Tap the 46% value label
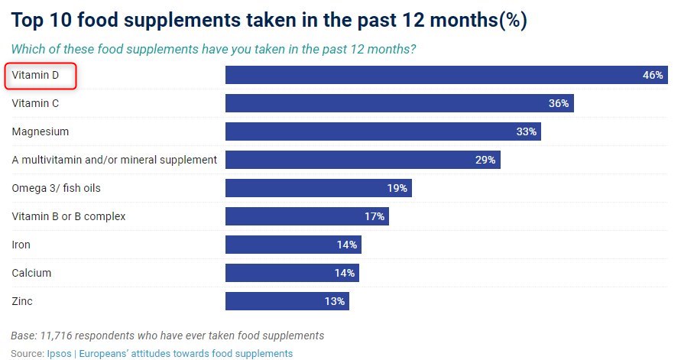click(x=652, y=76)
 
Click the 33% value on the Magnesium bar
click(x=527, y=131)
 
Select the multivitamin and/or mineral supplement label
click(x=115, y=160)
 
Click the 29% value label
click(x=485, y=160)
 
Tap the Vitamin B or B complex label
click(x=69, y=216)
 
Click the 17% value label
click(x=375, y=216)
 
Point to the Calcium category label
click(x=31, y=273)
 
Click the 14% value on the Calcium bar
click(x=345, y=273)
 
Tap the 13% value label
click(x=335, y=301)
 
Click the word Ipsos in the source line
click(x=58, y=353)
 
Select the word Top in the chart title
click(x=30, y=21)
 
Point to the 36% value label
click(x=559, y=103)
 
